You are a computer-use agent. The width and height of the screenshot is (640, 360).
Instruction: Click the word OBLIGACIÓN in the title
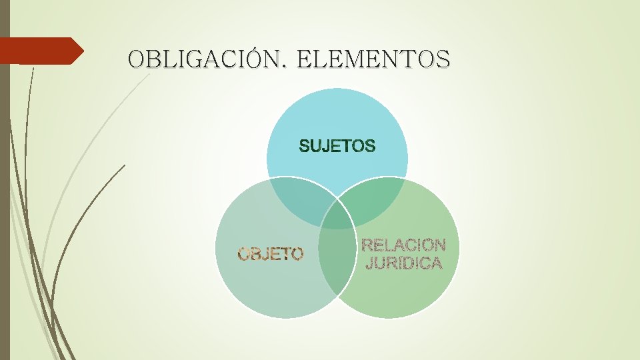pyautogui.click(x=205, y=59)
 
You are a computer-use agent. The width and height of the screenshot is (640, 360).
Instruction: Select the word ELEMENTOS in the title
pyautogui.click(x=373, y=59)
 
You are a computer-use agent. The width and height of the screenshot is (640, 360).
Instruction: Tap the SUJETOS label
pyautogui.click(x=337, y=146)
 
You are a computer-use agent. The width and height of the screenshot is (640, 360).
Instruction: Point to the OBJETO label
pyautogui.click(x=271, y=253)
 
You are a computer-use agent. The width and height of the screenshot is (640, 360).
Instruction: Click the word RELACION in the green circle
pyautogui.click(x=403, y=245)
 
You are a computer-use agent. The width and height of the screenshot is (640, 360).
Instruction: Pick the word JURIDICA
pyautogui.click(x=404, y=263)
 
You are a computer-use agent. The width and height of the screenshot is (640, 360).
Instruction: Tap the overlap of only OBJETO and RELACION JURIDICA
pyautogui.click(x=335, y=267)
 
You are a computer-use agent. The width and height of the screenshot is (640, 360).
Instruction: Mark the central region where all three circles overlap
pyautogui.click(x=337, y=217)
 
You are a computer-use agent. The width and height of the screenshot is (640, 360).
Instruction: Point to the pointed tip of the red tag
pyautogui.click(x=82, y=51)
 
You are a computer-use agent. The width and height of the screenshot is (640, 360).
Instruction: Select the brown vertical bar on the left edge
pyautogui.click(x=5, y=200)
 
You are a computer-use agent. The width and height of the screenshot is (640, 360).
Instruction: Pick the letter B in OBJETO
pyautogui.click(x=257, y=253)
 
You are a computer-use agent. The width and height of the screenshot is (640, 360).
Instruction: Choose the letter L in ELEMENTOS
pyautogui.click(x=319, y=59)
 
